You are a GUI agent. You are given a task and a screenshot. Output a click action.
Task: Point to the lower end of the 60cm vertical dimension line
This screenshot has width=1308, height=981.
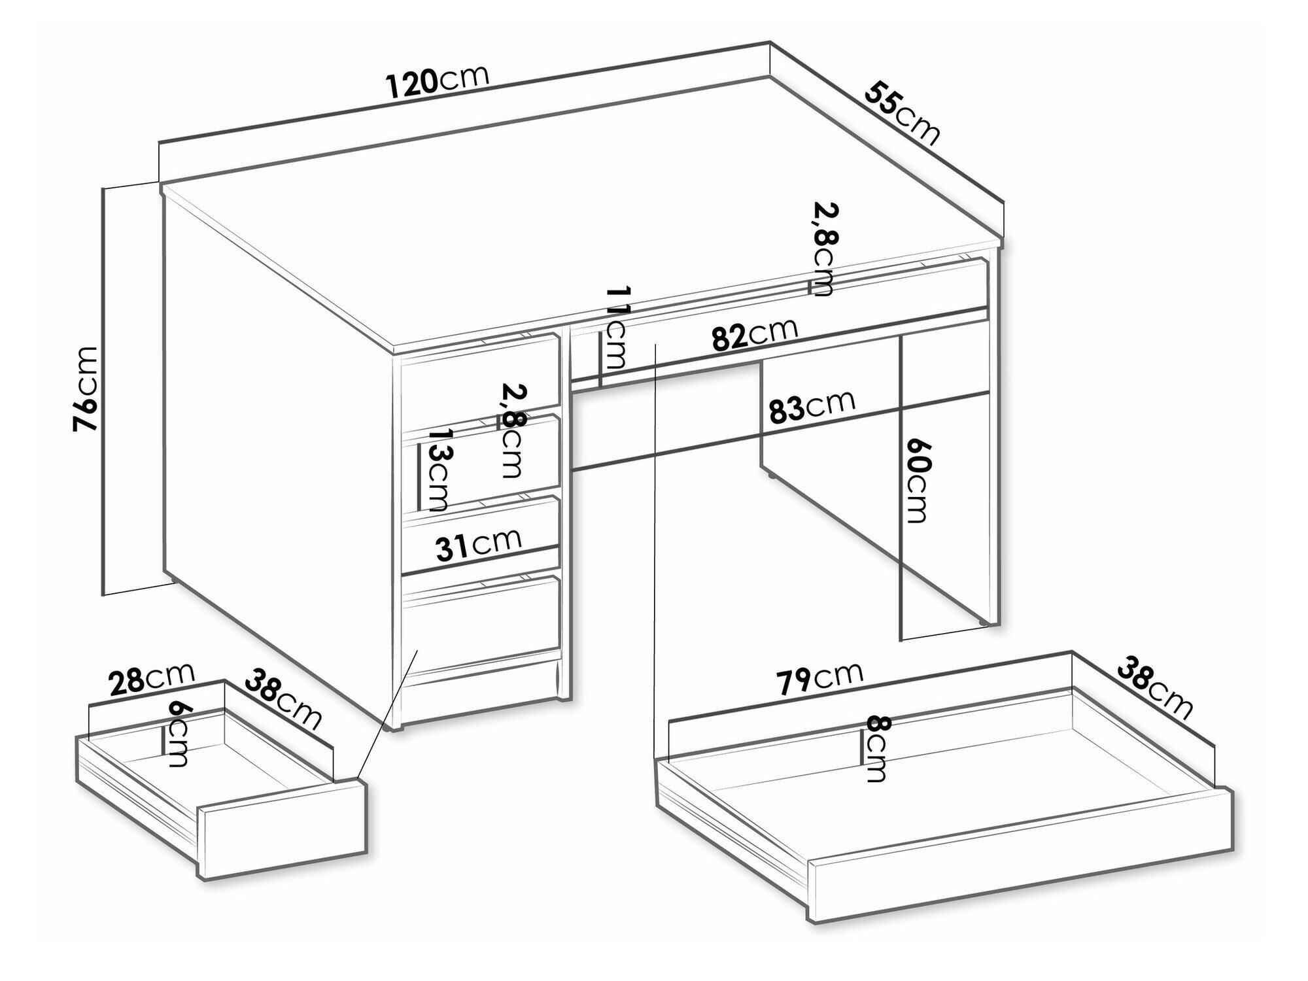click(x=901, y=639)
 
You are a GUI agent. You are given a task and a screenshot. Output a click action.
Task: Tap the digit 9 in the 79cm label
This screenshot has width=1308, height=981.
click(x=800, y=680)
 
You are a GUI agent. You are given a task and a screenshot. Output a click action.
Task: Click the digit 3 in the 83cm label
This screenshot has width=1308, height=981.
click(x=795, y=410)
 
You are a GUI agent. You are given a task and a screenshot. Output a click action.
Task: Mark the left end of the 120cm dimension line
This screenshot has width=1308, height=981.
click(x=160, y=142)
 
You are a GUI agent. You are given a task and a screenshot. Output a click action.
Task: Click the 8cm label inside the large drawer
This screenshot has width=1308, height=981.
click(x=875, y=749)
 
